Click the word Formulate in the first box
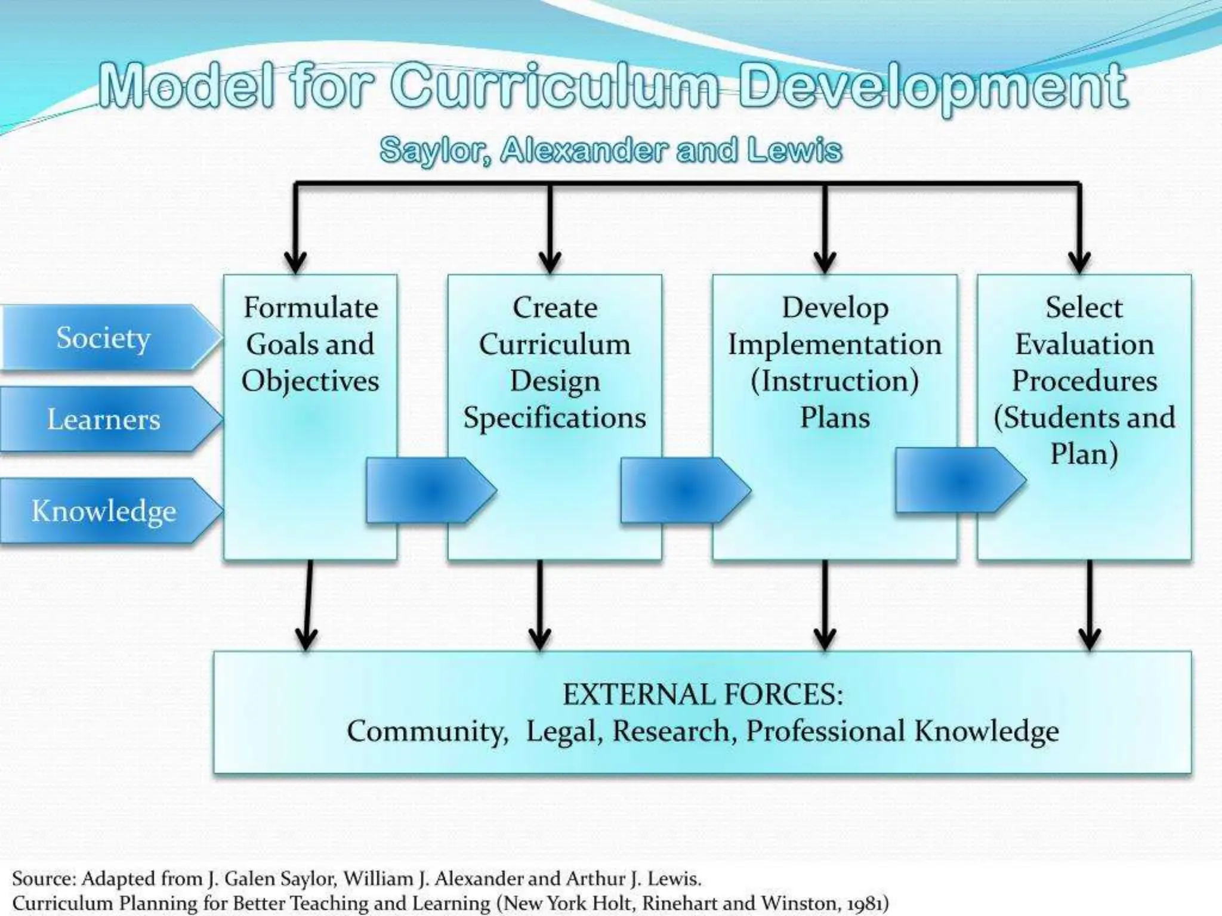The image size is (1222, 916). (310, 308)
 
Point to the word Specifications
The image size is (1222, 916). (554, 417)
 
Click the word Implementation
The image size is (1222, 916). (834, 345)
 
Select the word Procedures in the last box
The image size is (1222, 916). (1084, 381)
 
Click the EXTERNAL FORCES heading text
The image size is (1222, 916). (702, 695)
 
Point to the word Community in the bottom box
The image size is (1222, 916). (427, 731)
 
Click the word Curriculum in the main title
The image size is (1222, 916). (555, 87)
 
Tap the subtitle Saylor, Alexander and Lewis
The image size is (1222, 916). (610, 150)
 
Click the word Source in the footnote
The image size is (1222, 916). (44, 878)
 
